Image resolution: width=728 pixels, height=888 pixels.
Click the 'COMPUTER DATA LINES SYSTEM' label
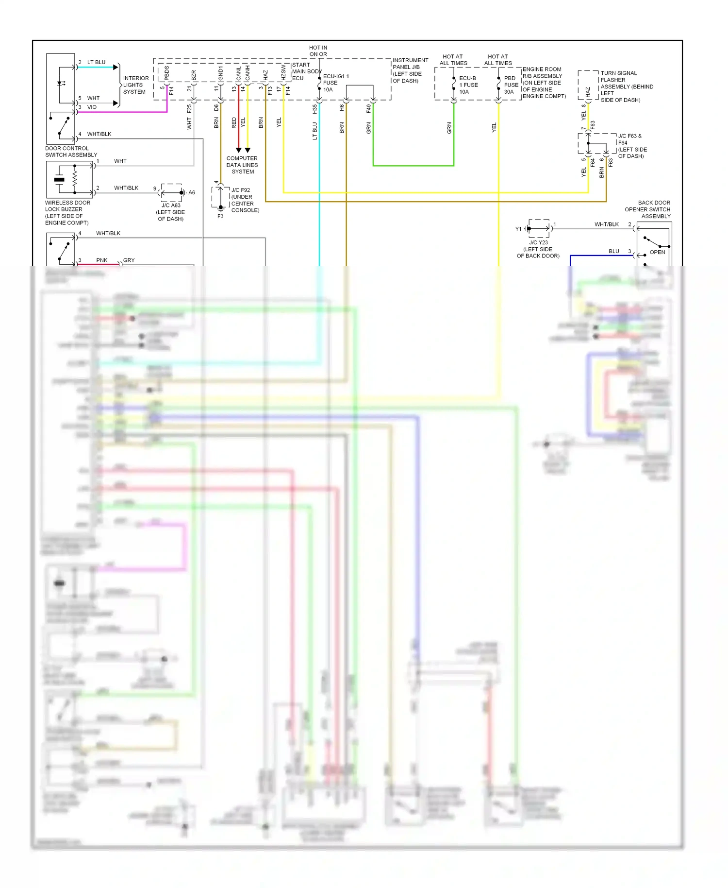click(x=242, y=165)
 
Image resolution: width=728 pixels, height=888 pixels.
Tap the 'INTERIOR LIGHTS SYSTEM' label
click(x=135, y=85)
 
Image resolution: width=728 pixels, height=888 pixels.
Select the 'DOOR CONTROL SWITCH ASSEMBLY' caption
click(x=71, y=152)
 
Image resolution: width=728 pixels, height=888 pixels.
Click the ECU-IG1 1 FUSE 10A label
click(x=335, y=83)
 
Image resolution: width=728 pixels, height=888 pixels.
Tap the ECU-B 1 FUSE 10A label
click(x=468, y=85)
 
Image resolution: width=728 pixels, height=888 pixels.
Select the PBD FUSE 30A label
click(x=511, y=85)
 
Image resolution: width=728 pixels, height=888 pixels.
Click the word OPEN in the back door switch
click(x=657, y=252)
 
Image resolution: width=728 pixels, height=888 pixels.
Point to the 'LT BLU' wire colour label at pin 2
click(x=96, y=63)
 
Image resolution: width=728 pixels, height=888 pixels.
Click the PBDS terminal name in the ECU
click(x=167, y=73)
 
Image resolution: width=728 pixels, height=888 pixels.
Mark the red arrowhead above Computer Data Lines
click(x=238, y=150)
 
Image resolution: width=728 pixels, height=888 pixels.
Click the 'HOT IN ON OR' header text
click(x=318, y=51)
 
